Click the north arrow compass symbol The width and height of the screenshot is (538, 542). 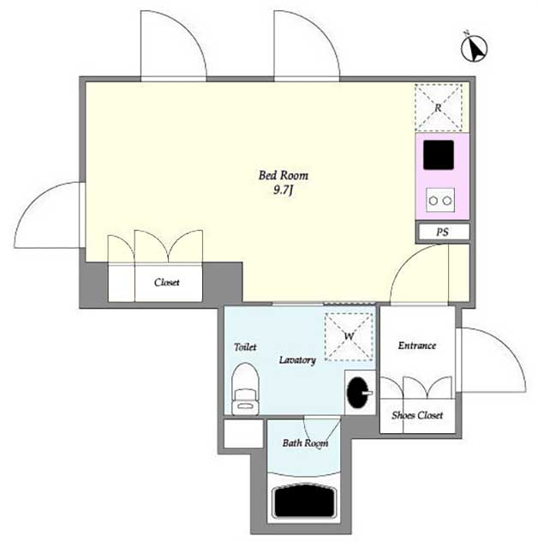pos(474,48)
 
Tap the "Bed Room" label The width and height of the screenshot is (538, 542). pos(284,175)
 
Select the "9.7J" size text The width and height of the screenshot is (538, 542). pos(284,190)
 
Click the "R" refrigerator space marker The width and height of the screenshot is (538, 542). pos(439,107)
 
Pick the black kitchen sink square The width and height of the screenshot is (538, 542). pos(439,155)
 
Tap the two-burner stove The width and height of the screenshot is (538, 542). pos(440,200)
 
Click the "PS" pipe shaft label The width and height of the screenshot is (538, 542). pos(442,232)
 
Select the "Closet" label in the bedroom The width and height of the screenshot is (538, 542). pos(167,282)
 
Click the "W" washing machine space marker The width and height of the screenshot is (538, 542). pos(350,336)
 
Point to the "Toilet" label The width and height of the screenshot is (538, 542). pos(245,346)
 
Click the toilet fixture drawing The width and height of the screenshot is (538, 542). pos(245,388)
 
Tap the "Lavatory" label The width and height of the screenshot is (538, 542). pos(297,360)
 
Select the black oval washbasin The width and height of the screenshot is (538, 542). pos(359,392)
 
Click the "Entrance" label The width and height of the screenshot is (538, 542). pos(417,346)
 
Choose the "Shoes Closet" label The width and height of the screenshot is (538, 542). pos(417,415)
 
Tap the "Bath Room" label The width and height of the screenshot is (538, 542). pos(305,443)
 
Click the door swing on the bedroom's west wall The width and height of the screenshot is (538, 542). pos(34,201)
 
